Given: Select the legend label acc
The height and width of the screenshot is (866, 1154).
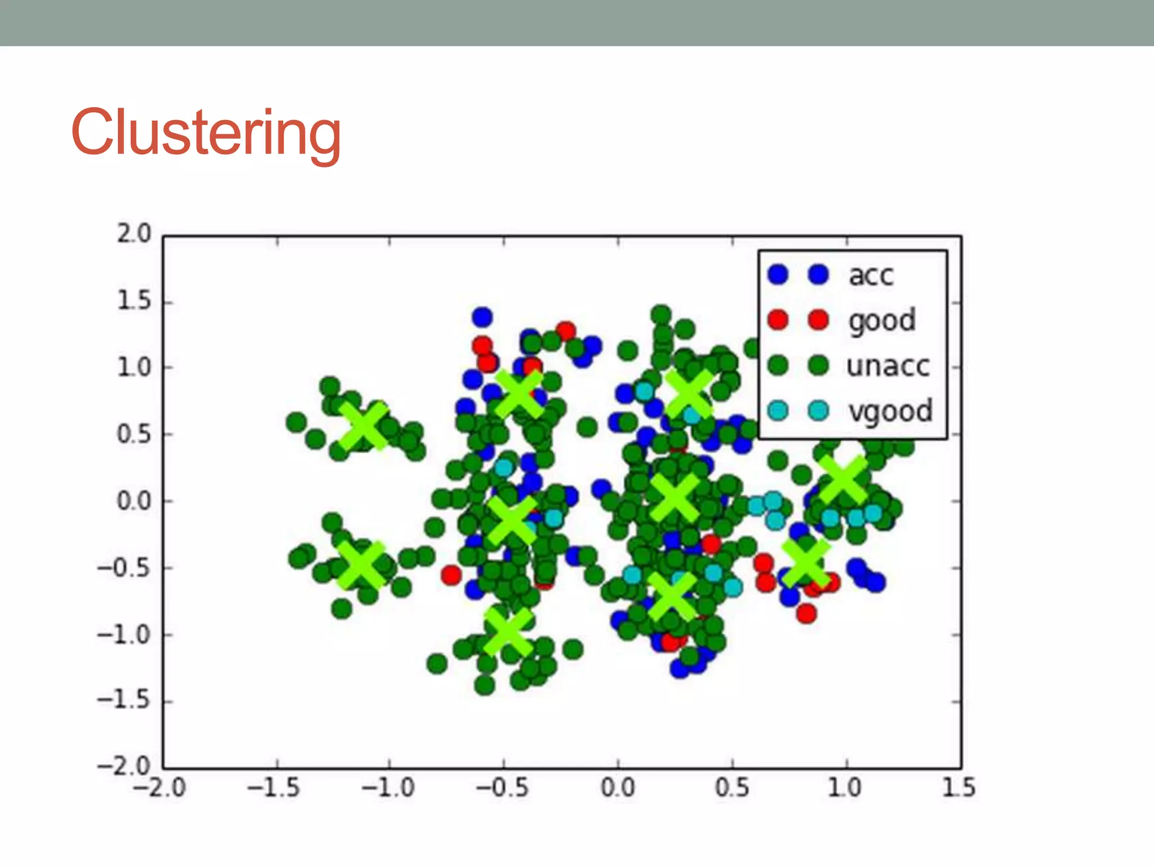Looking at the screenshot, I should (x=871, y=276).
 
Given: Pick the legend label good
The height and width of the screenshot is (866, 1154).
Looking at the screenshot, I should (x=882, y=321).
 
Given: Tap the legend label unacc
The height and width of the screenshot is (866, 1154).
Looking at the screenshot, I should (x=888, y=366).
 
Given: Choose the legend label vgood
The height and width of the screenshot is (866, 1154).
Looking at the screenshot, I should (x=890, y=412).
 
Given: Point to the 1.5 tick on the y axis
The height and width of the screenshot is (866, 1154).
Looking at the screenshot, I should (x=134, y=301).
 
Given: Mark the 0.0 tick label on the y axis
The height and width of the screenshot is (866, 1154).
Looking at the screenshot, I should (x=134, y=501).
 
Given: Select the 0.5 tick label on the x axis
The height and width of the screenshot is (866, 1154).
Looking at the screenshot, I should (x=732, y=788).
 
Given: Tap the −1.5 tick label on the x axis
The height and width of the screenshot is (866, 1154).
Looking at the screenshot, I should (x=274, y=788).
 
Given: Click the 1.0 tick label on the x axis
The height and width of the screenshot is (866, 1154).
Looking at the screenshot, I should (x=845, y=788).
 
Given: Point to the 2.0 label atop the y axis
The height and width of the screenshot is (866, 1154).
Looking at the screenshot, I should (x=134, y=234).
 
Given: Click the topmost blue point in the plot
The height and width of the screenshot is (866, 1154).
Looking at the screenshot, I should (x=482, y=317).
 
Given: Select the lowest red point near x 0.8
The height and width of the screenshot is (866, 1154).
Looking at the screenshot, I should (x=806, y=613).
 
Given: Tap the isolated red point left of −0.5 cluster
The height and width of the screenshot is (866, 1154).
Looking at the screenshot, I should (x=451, y=575).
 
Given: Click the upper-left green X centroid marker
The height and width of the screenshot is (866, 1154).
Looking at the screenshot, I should (x=365, y=426).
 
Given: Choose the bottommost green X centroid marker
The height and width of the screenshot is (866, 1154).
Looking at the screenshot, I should (x=508, y=631).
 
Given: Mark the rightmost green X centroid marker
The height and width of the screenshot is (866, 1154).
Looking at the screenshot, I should (x=842, y=480).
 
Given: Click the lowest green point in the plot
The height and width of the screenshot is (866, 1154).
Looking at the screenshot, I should (x=485, y=686).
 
